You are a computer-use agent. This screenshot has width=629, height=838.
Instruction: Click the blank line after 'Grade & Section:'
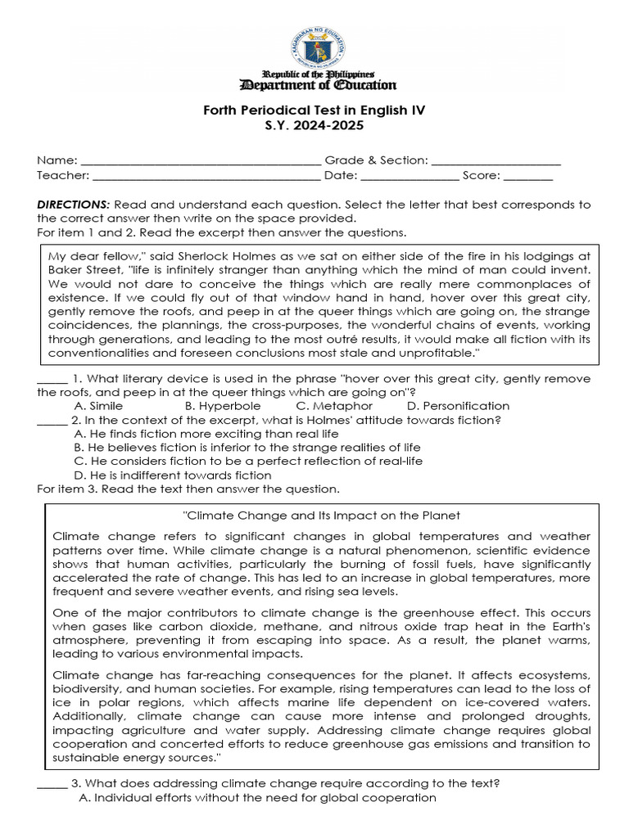pos(496,162)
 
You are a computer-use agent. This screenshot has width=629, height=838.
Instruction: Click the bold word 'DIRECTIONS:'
pos(74,205)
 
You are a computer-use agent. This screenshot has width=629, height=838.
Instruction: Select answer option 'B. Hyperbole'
pos(223,406)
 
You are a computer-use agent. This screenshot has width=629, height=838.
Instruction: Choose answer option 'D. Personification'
pos(458,406)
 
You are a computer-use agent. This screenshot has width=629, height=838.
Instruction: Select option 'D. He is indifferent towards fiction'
pos(173,475)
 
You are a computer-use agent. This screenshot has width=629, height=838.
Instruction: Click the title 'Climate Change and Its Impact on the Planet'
pos(319,516)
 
